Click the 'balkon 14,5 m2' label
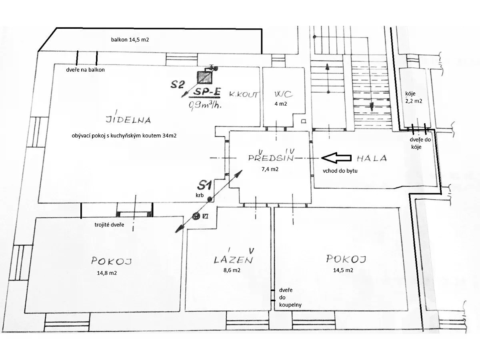[x=130, y=40]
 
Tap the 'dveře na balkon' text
[x=85, y=70]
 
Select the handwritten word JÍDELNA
[x=128, y=120]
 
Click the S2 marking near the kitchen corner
[x=178, y=84]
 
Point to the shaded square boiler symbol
[x=205, y=77]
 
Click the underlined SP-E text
[x=207, y=92]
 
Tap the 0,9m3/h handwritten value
[x=205, y=105]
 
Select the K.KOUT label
[x=243, y=94]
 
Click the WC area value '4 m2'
[x=281, y=104]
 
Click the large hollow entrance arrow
[x=336, y=158]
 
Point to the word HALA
[x=372, y=158]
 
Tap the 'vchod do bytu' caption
[x=340, y=171]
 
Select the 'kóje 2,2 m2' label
[x=414, y=97]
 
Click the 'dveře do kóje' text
[x=420, y=143]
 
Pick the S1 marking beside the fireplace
[x=204, y=185]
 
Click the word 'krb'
[x=200, y=195]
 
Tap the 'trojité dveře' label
[x=109, y=225]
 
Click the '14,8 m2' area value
[x=107, y=273]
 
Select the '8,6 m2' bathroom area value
[x=232, y=270]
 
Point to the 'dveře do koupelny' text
[x=290, y=298]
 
